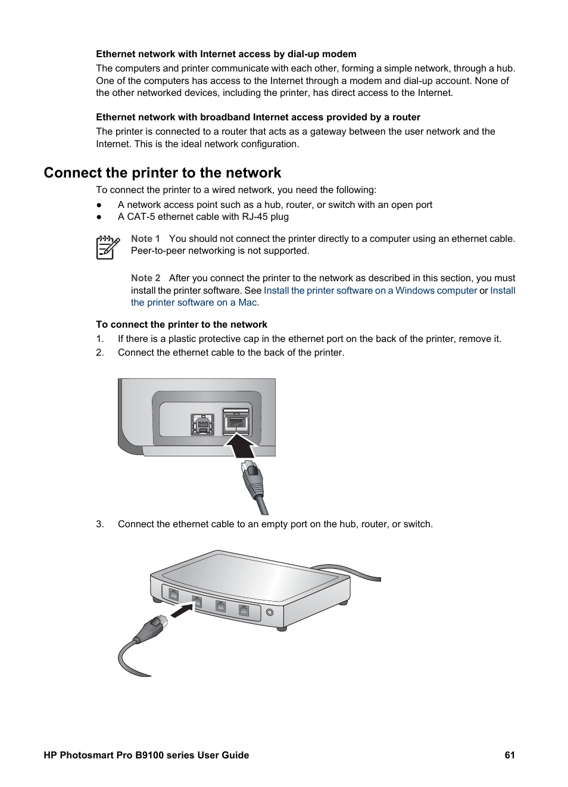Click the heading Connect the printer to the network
162,173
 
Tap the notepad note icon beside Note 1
107,247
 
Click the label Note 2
145,278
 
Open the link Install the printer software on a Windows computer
370,291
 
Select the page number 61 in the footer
510,755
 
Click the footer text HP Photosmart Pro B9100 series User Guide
146,755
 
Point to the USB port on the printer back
202,424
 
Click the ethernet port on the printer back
236,422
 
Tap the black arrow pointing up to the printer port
241,446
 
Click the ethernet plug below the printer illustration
252,480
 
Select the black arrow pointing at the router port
182,611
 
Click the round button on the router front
270,612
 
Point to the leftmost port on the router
173,594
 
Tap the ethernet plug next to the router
151,629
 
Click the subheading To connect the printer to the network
182,325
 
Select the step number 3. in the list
100,524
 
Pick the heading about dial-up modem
226,54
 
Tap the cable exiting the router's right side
351,571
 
